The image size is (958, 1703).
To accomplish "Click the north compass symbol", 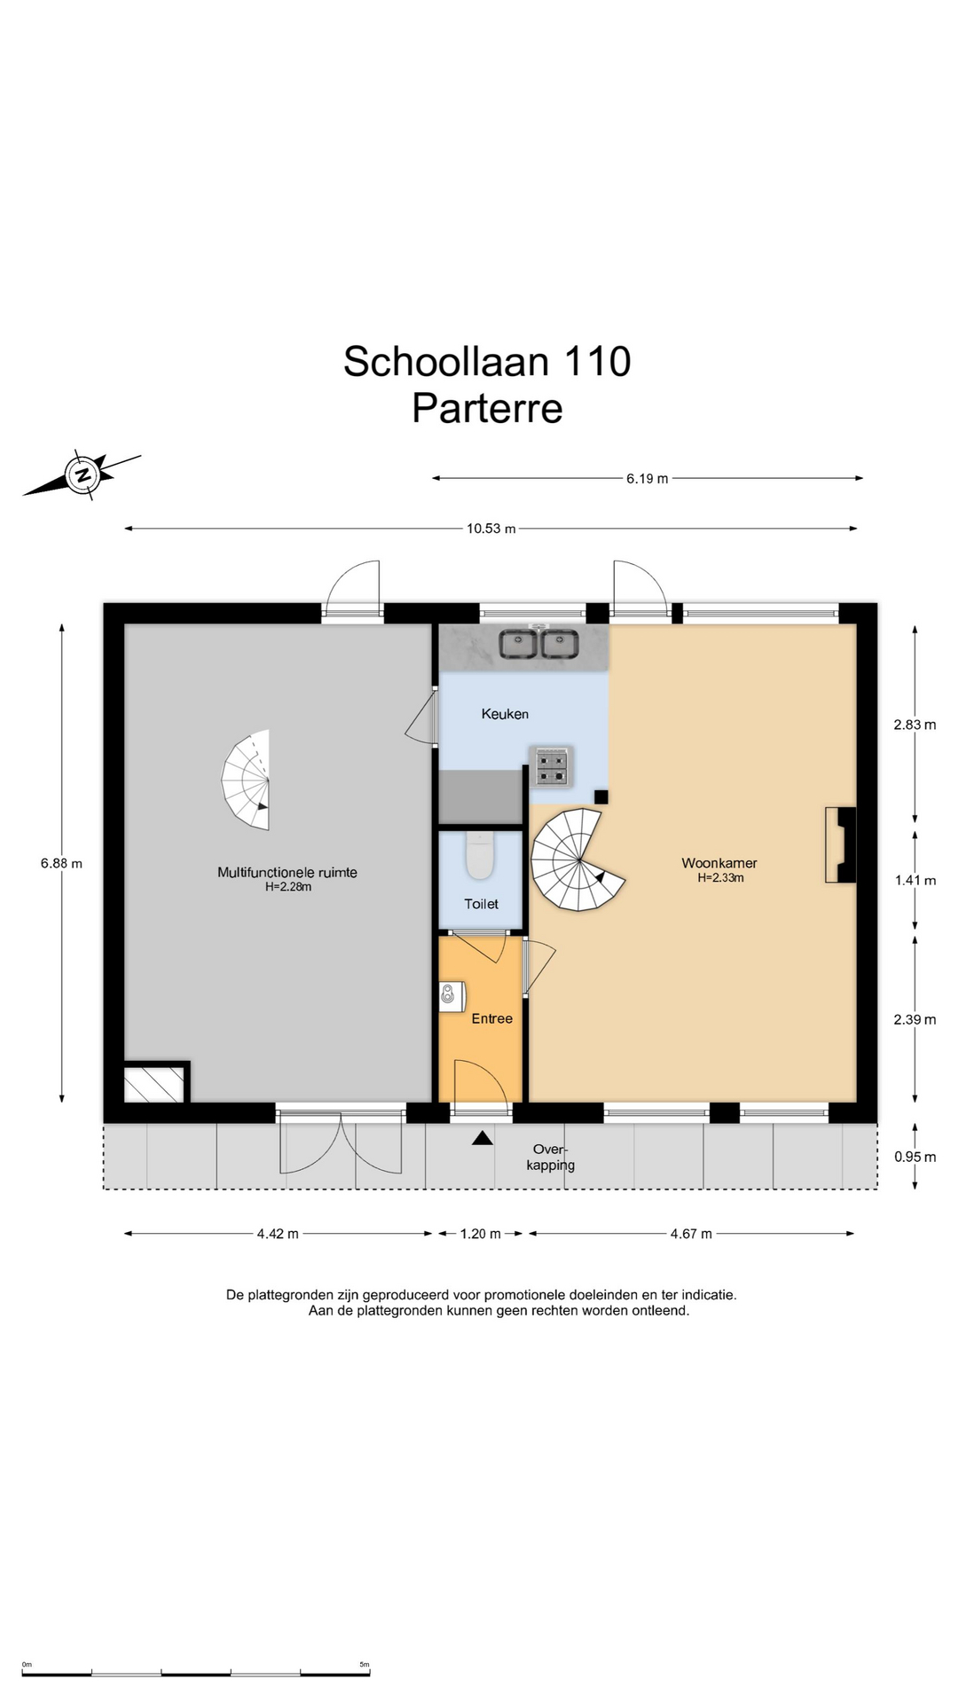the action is tap(82, 475).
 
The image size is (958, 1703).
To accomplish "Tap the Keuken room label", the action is tap(505, 714).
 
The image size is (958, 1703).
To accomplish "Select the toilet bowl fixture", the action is tap(480, 855).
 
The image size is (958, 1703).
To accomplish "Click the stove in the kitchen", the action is tap(551, 766).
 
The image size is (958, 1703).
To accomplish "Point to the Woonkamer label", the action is tap(719, 863).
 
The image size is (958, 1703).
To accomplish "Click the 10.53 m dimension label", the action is tap(491, 529).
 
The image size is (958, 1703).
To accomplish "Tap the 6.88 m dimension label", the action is tap(61, 863).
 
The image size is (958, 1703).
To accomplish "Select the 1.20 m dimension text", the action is tap(480, 1234).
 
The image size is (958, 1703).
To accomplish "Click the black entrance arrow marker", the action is tap(482, 1138).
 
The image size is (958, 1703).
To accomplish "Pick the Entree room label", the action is tap(491, 1019).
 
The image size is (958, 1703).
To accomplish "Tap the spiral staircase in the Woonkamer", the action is tap(577, 859).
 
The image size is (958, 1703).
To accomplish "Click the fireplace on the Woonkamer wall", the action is tap(841, 844).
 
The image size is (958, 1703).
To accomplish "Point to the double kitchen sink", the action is tap(538, 644).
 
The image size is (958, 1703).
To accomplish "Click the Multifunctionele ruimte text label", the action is tap(287, 873).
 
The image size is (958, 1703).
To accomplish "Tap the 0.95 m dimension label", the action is tap(915, 1157).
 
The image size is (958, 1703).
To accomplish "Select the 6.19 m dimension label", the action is tap(648, 479).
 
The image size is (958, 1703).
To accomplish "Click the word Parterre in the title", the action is tap(487, 409).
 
